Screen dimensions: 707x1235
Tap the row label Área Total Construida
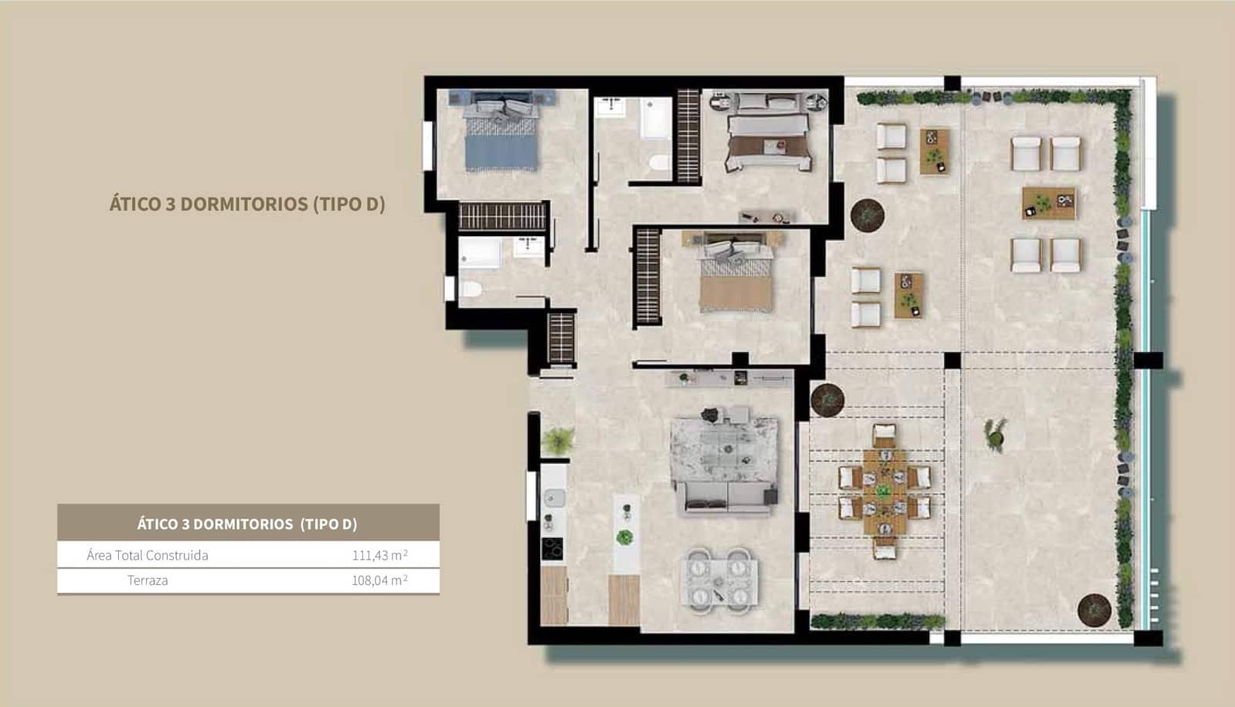(147, 555)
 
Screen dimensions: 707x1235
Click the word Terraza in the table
(147, 580)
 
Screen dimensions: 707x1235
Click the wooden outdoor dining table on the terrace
(885, 490)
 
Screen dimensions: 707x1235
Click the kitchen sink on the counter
(553, 498)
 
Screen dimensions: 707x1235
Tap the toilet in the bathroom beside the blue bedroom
(470, 290)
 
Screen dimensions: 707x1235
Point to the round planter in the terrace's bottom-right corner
(1094, 610)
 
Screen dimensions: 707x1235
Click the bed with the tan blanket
(736, 282)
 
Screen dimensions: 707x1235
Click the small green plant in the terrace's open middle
(995, 434)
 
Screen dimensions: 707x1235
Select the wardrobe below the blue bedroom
(502, 216)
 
